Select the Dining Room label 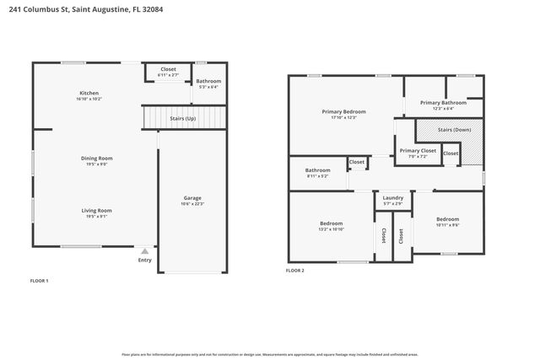(97, 159)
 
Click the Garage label (192, 199)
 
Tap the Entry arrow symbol (145, 251)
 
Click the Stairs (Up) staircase (185, 119)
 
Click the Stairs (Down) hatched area (456, 131)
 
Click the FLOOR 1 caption (40, 279)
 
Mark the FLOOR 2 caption (295, 271)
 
